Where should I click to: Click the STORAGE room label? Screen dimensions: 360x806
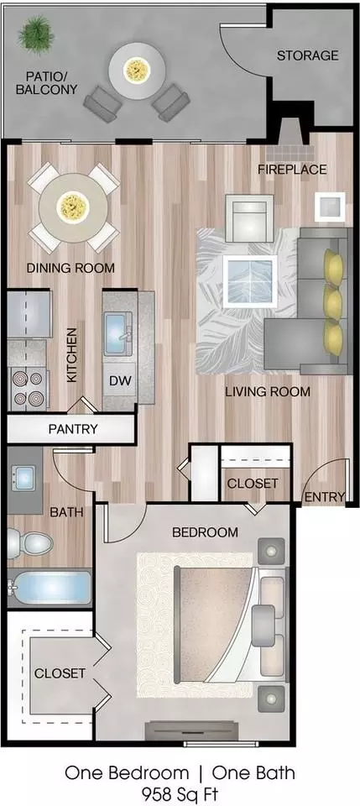pyautogui.click(x=308, y=55)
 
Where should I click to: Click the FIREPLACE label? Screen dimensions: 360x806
pyautogui.click(x=292, y=169)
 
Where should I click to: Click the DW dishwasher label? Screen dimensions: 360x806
pyautogui.click(x=120, y=381)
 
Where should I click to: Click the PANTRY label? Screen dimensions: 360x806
pyautogui.click(x=72, y=429)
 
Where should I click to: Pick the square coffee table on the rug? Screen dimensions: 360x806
pyautogui.click(x=249, y=282)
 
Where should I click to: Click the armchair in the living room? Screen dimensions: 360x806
pyautogui.click(x=249, y=218)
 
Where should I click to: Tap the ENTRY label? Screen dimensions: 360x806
pyautogui.click(x=325, y=496)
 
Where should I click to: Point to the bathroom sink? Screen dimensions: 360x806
pyautogui.click(x=24, y=478)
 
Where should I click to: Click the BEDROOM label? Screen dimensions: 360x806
pyautogui.click(x=205, y=532)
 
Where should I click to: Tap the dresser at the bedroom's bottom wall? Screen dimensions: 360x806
pyautogui.click(x=192, y=730)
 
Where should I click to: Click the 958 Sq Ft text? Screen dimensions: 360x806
pyautogui.click(x=180, y=792)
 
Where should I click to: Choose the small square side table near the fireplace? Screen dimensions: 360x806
pyautogui.click(x=330, y=207)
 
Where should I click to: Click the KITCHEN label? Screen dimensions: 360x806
pyautogui.click(x=71, y=354)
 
